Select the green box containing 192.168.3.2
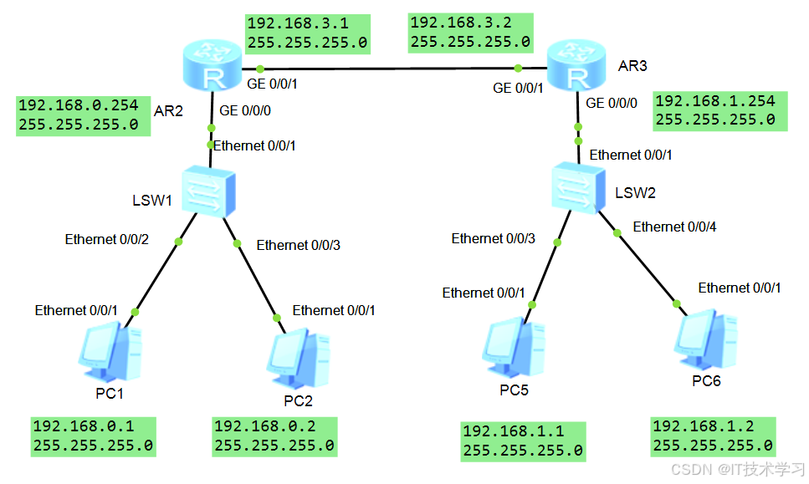470,32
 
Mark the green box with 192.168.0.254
82,115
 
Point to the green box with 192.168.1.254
720,110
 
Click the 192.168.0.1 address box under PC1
93,436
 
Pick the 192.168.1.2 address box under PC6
712,436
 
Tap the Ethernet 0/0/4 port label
674,227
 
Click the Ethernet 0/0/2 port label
107,240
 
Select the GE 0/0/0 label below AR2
244,110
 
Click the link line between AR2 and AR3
389,68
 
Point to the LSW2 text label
636,192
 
